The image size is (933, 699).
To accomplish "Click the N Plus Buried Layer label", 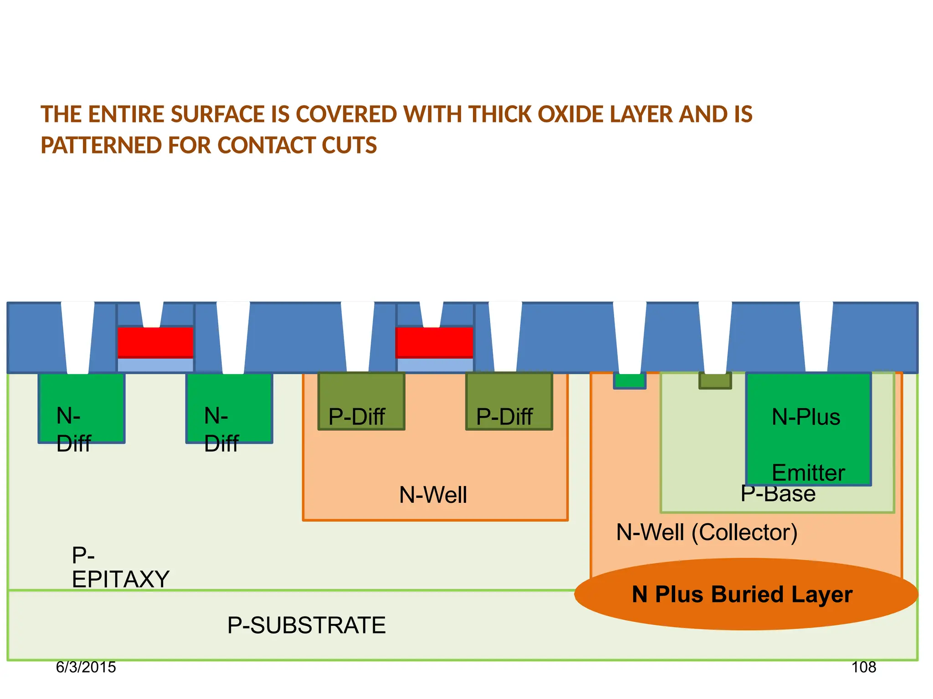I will [742, 594].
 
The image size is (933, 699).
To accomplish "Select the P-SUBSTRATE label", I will [306, 625].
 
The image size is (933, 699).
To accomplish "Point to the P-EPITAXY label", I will [120, 567].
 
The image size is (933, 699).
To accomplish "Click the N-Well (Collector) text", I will [707, 532].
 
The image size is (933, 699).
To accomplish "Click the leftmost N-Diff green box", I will [82, 408].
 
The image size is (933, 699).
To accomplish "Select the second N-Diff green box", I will [229, 408].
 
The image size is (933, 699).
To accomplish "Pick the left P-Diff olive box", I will [361, 401].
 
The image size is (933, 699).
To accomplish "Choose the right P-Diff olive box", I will [509, 401].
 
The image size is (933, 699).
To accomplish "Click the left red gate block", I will [155, 342].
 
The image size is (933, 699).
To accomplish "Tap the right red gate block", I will [434, 342].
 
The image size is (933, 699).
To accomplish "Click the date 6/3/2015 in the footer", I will [86, 667].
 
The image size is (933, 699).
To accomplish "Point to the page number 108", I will [864, 667].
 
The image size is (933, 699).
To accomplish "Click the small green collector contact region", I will [630, 380].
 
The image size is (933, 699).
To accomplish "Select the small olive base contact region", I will [715, 380].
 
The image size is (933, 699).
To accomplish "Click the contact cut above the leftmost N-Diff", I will [78, 337].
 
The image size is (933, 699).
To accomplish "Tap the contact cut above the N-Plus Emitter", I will [816, 337].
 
